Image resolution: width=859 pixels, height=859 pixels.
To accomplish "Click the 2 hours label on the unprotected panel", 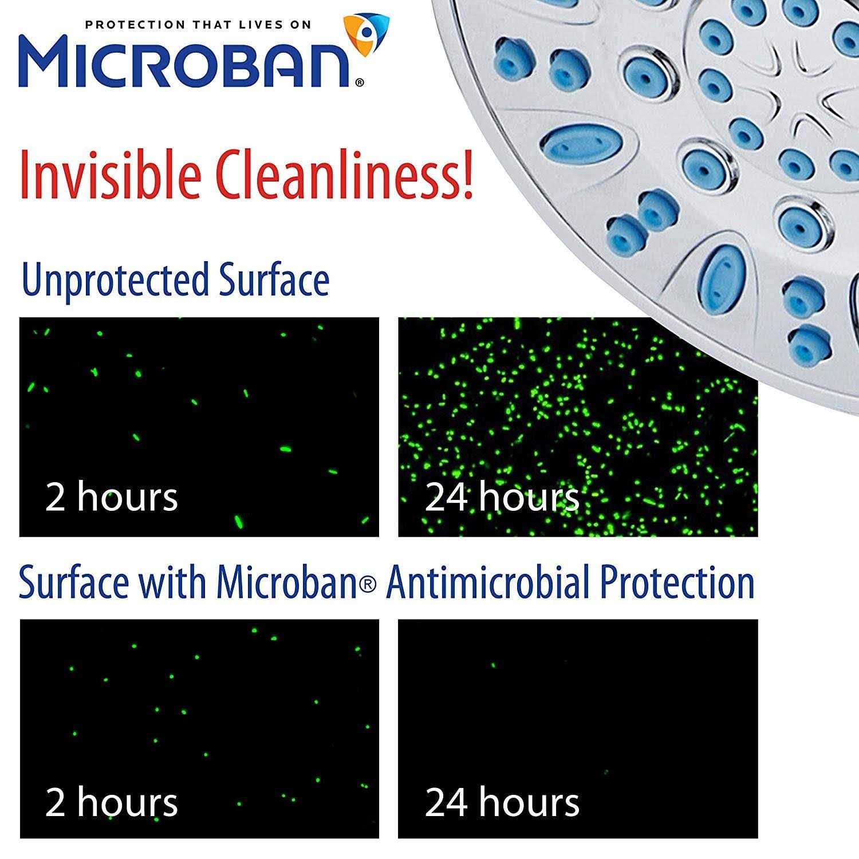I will coord(112,497).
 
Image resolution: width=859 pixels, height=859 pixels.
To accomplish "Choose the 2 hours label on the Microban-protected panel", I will coord(112,802).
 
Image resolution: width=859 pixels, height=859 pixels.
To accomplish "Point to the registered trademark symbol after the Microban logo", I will coord(359,82).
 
